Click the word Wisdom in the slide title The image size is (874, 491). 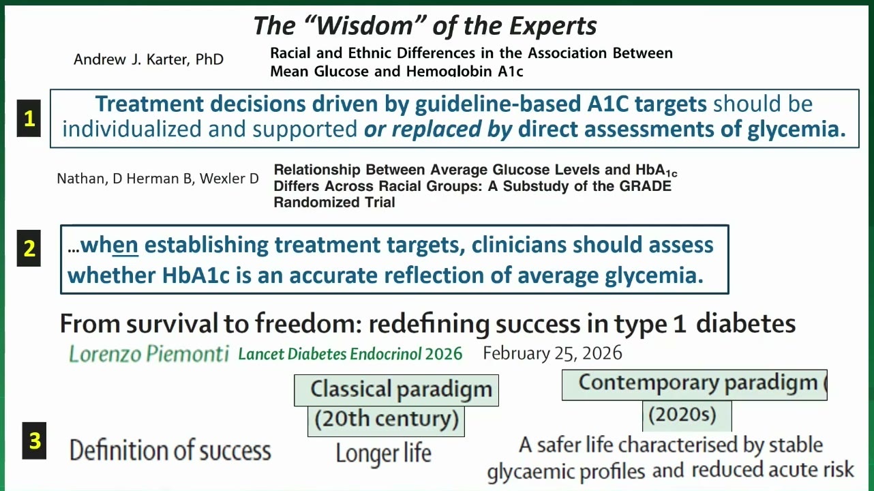363,26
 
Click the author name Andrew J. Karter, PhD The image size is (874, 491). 149,59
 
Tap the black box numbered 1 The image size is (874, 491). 29,118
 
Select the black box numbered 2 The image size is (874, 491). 29,248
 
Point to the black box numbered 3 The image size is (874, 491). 34,441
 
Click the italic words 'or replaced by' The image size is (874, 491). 438,129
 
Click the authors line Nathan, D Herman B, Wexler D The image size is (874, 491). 157,179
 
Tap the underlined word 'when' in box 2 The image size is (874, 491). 109,245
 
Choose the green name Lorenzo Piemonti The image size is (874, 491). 149,354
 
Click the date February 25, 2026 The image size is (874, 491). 552,353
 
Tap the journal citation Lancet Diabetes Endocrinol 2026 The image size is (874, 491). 350,354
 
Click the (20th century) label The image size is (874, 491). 387,419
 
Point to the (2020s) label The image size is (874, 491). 682,415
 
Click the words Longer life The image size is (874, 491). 384,453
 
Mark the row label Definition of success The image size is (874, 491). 170,450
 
